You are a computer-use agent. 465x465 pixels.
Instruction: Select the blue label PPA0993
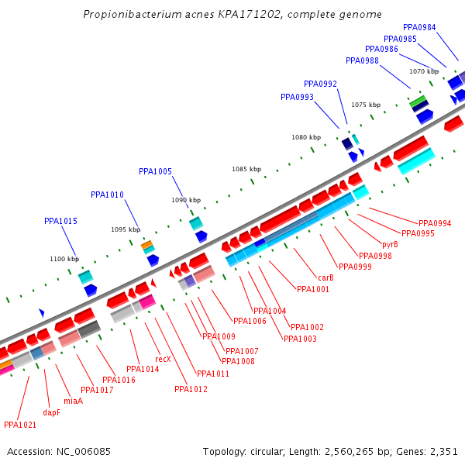(x=297, y=97)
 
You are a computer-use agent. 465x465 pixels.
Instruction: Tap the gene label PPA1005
(x=155, y=171)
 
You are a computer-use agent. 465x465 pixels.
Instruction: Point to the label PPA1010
(x=107, y=195)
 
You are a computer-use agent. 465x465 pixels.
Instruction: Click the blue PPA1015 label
(x=60, y=221)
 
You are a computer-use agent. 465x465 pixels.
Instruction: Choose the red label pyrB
(x=390, y=244)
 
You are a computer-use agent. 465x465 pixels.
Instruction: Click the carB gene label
(x=325, y=277)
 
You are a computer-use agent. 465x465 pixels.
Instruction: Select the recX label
(x=163, y=359)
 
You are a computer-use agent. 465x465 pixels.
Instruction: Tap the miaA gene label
(x=73, y=401)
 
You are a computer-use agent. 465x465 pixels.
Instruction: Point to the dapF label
(x=51, y=412)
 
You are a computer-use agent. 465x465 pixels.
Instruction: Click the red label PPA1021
(x=20, y=425)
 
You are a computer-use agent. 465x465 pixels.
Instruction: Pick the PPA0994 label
(x=435, y=223)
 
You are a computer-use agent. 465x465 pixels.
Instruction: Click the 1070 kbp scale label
(x=424, y=71)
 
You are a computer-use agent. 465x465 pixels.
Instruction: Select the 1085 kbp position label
(x=246, y=169)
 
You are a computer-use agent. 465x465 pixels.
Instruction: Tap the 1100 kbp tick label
(x=64, y=259)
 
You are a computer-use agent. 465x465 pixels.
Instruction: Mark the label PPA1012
(x=191, y=389)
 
